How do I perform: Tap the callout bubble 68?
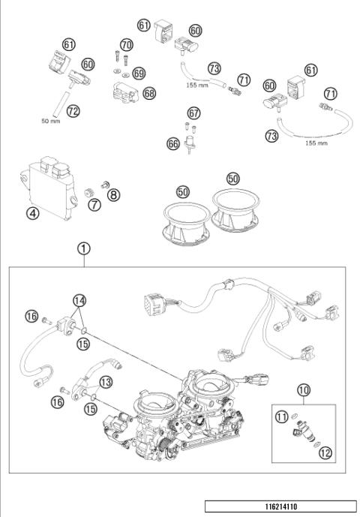(x=150, y=92)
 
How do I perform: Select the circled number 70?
(x=126, y=44)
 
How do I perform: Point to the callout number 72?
(x=72, y=111)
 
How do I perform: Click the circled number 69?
(x=138, y=73)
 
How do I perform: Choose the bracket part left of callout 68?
(x=124, y=95)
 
